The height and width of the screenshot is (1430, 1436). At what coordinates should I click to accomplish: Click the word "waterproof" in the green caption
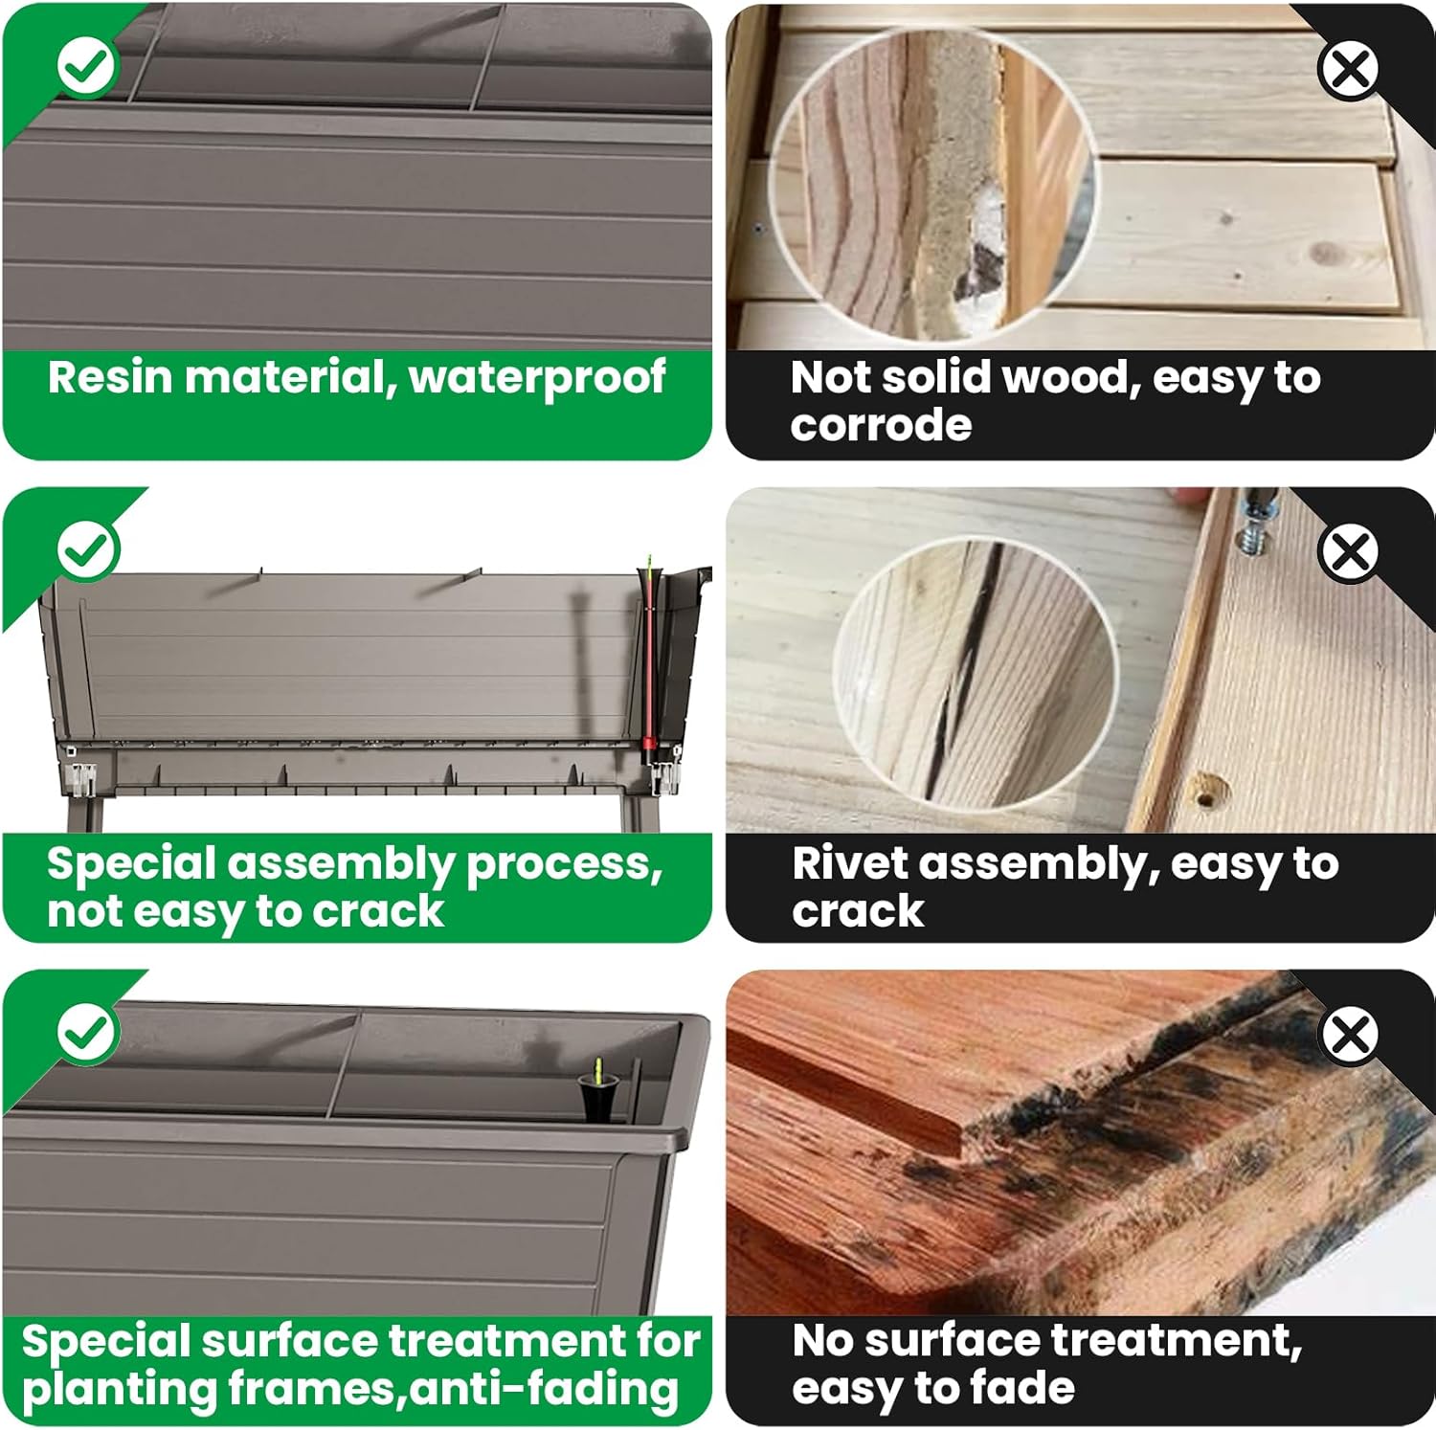click(537, 378)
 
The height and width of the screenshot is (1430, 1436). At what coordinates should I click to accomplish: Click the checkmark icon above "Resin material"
click(87, 66)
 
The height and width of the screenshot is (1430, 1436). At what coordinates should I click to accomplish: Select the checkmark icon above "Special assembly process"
click(87, 550)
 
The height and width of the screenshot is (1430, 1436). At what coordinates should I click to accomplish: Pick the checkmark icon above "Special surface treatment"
click(87, 1033)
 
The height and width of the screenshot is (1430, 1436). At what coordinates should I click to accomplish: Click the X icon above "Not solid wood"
click(1349, 68)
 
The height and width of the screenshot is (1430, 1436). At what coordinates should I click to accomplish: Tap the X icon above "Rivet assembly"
click(1349, 551)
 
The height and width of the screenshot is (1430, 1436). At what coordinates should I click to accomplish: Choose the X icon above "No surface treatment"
click(1349, 1034)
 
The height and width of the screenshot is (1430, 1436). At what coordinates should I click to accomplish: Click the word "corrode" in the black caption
click(881, 425)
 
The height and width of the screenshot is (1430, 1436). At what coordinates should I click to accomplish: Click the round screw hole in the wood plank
click(1209, 791)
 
